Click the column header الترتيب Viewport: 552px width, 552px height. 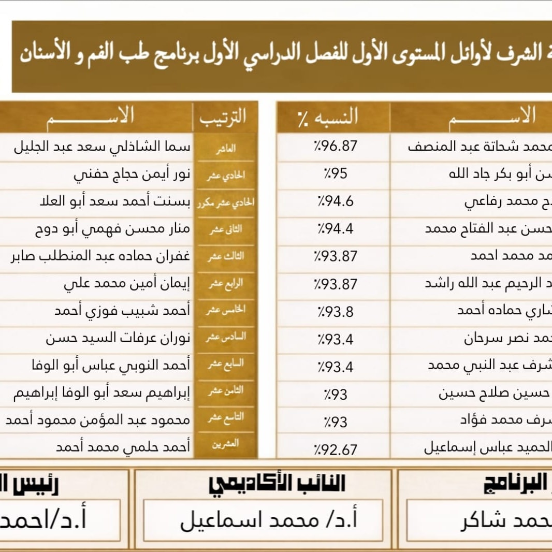click(223, 117)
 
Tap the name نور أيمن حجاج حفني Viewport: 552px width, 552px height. click(132, 175)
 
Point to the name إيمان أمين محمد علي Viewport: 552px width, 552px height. click(127, 283)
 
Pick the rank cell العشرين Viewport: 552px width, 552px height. click(225, 444)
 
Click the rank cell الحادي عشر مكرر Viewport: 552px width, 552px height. click(225, 203)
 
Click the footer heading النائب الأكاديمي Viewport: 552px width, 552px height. click(277, 484)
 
